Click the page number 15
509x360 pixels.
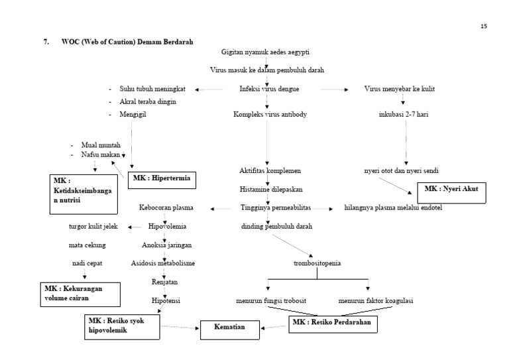pos(484,27)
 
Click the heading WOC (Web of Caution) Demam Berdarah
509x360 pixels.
pos(127,42)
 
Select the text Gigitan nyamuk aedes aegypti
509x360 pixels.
pos(265,52)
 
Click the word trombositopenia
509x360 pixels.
pos(317,263)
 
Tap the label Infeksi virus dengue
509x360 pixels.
pos(269,89)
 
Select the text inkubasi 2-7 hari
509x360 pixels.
pos(404,114)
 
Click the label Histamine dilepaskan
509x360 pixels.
pos(271,189)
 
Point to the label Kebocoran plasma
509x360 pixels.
pos(166,208)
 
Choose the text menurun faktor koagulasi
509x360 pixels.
pos(376,300)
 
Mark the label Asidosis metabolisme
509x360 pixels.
pos(163,263)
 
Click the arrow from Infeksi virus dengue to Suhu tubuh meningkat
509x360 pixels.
pos(209,90)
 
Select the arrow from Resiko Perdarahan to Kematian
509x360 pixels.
pos(274,328)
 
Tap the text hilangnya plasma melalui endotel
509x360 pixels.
pos(393,208)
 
